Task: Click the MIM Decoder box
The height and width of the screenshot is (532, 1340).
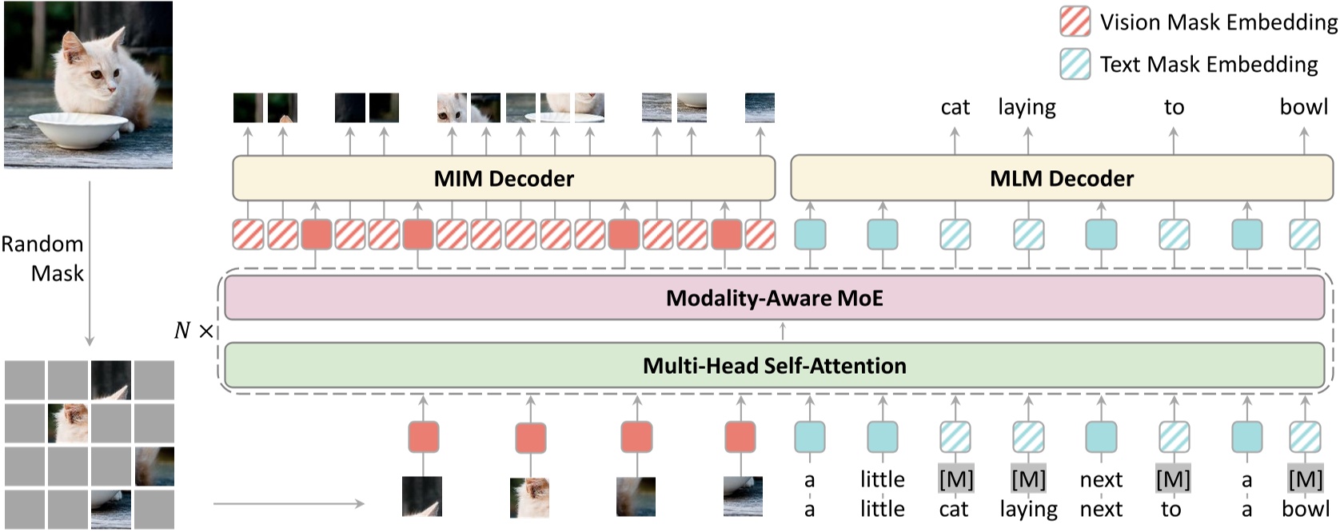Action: [503, 178]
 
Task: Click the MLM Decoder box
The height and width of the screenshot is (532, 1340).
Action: [1061, 178]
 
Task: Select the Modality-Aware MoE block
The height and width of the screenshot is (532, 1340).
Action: [774, 298]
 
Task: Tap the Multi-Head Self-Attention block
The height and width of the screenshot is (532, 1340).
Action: [774, 365]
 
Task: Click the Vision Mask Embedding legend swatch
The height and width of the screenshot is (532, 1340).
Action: [1075, 22]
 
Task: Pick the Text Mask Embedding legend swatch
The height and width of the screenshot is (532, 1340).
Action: [1075, 64]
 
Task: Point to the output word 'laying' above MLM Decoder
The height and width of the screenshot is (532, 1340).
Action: [1027, 107]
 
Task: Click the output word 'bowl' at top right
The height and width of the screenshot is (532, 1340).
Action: [1303, 107]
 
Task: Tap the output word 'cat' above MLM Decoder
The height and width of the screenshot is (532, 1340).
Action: [955, 107]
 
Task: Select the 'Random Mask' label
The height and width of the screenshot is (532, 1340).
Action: [43, 258]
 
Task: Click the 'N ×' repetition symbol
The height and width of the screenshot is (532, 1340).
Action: [193, 330]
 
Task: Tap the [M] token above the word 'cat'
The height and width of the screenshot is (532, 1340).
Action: [955, 479]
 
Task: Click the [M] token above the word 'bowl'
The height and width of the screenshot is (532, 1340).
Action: [1305, 479]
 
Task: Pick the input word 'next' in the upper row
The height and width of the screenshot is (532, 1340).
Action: [1101, 479]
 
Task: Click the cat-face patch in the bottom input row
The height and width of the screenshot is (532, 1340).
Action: [529, 497]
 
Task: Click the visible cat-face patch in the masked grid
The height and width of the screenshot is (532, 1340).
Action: [67, 423]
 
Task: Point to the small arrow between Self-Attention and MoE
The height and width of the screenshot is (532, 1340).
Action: [782, 331]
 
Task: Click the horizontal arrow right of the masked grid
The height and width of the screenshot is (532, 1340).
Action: [288, 503]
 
